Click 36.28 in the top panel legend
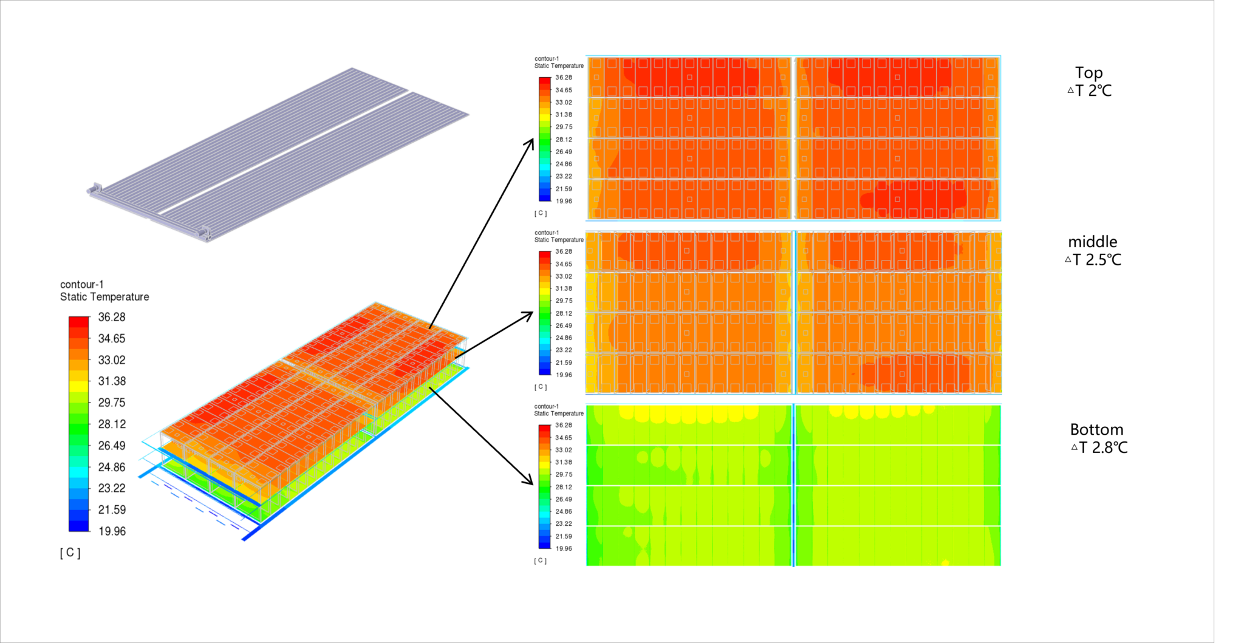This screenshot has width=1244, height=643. (x=563, y=78)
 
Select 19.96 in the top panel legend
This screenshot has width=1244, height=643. (x=563, y=201)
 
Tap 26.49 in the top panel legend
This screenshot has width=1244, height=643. (x=563, y=152)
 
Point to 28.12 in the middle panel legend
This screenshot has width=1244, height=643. (x=563, y=313)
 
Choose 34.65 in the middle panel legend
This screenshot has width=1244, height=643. (x=563, y=264)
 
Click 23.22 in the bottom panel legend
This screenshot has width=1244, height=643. (x=563, y=523)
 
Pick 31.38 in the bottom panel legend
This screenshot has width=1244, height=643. (x=563, y=462)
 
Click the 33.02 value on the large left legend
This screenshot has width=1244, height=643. (x=112, y=359)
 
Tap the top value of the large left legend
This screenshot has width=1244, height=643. (x=112, y=317)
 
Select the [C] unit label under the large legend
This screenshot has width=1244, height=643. (x=70, y=553)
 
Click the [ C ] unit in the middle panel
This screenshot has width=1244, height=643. (x=540, y=387)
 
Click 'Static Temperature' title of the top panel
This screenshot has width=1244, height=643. (x=559, y=66)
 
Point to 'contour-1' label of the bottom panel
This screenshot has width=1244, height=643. (x=547, y=406)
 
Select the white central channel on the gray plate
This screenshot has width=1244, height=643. (x=285, y=155)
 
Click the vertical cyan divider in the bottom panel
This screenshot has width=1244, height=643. (x=793, y=486)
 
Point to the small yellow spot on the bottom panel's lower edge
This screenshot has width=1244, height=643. (x=945, y=563)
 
